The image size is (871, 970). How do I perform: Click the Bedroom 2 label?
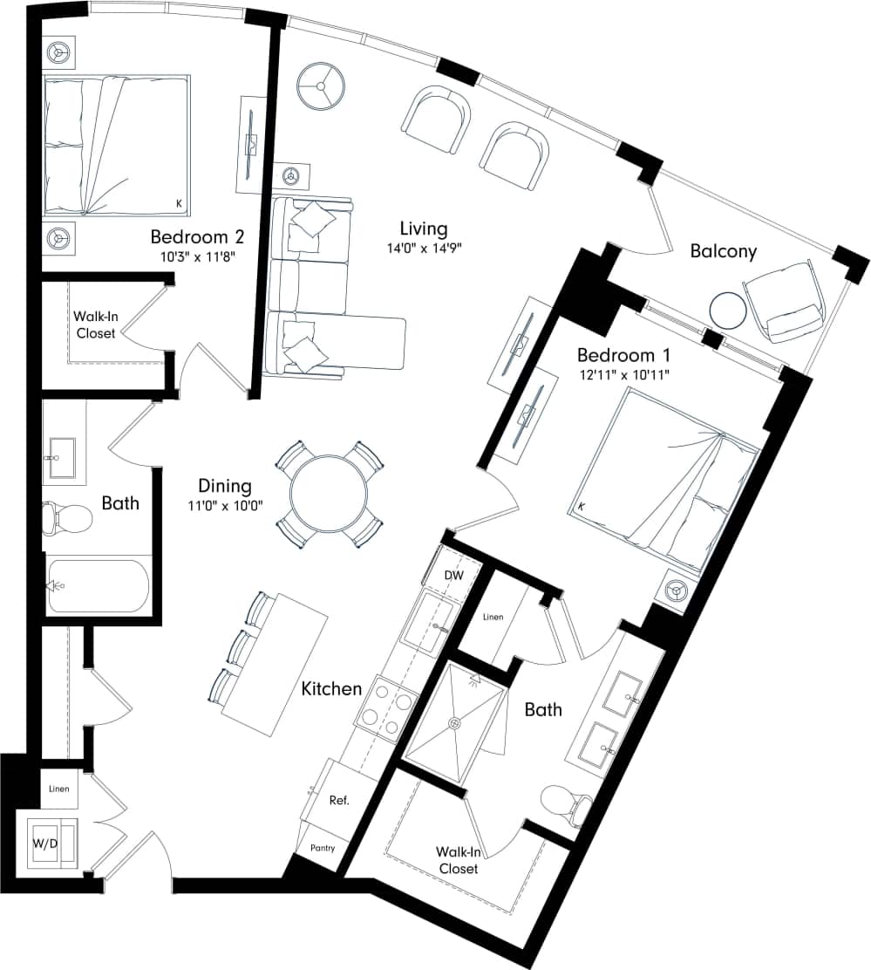click(x=196, y=236)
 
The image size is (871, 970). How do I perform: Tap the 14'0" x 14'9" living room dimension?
click(x=424, y=248)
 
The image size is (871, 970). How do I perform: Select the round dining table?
click(x=329, y=495)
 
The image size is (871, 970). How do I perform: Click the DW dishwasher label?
click(x=454, y=575)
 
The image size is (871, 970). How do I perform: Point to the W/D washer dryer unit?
click(x=51, y=843)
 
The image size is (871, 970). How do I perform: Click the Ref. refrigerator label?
click(x=339, y=800)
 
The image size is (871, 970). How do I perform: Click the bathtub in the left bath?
click(x=98, y=585)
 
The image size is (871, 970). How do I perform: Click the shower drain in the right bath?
click(x=454, y=722)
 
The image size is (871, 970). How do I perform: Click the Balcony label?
click(x=723, y=251)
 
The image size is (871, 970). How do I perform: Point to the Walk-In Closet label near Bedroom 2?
click(x=95, y=324)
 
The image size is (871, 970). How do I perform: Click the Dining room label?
click(x=225, y=486)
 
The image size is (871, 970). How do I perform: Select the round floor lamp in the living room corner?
click(x=321, y=86)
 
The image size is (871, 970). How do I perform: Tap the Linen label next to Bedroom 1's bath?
click(x=493, y=617)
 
